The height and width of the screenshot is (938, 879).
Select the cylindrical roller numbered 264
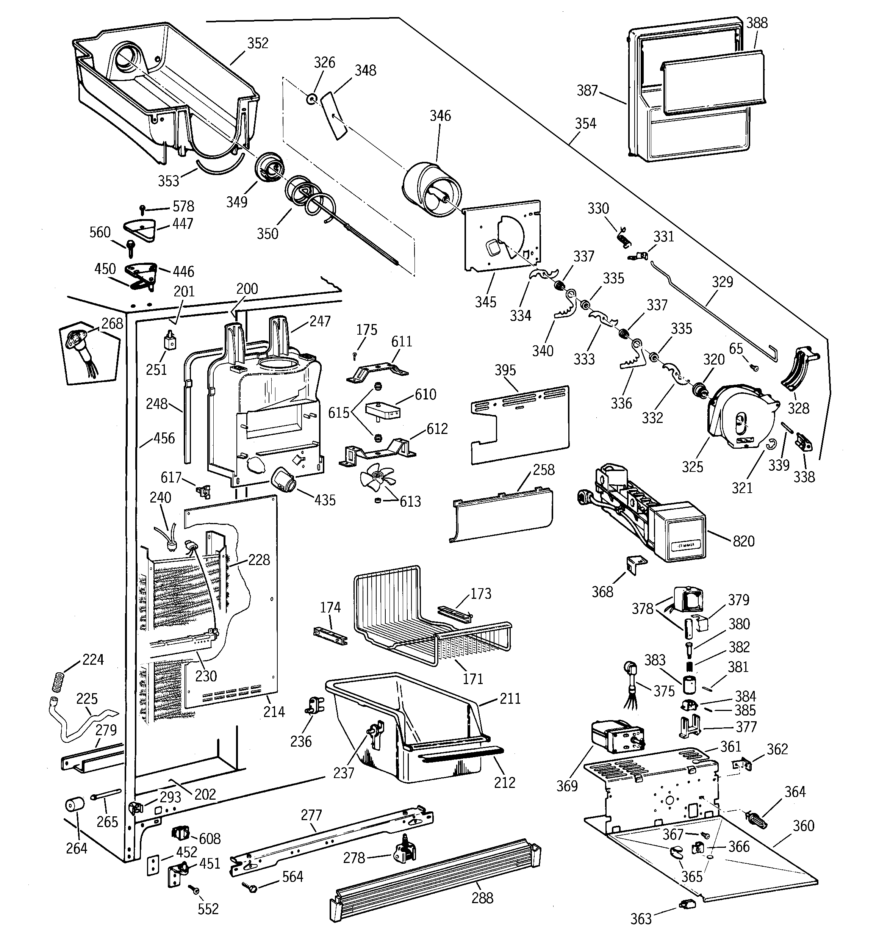tap(75, 805)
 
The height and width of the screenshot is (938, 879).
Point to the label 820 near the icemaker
tap(744, 541)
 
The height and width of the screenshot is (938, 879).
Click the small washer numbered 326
tap(311, 99)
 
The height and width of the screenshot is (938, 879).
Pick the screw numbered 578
tap(142, 208)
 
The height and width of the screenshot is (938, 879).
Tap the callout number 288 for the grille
tap(482, 897)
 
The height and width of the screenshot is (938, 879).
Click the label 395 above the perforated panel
tap(505, 370)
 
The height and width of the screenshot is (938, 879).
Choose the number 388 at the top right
tap(757, 23)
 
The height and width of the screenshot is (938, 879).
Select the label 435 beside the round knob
tap(325, 500)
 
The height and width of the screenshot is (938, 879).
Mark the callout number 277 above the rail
tap(311, 815)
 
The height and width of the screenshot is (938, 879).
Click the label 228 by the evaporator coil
tap(259, 560)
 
